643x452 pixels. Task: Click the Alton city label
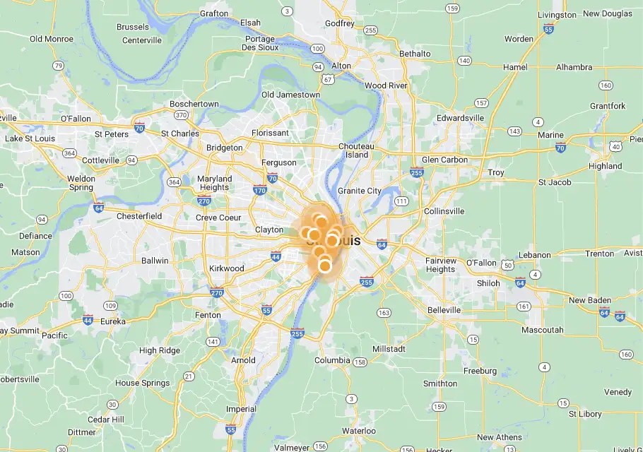click(x=341, y=66)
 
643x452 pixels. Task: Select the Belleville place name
click(x=444, y=310)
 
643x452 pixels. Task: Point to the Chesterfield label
click(x=139, y=216)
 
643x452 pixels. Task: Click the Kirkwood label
click(x=227, y=268)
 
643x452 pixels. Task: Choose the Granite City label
click(x=359, y=191)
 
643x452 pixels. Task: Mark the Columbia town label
click(x=332, y=360)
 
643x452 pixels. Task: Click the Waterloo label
click(x=359, y=431)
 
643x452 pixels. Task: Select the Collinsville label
click(x=444, y=211)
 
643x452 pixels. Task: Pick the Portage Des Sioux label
click(x=260, y=44)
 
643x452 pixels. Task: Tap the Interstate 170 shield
click(x=260, y=189)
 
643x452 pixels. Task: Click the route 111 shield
click(x=401, y=201)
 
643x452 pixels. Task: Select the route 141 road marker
click(x=213, y=342)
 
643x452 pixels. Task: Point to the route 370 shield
click(x=182, y=115)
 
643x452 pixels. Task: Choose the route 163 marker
click(x=384, y=313)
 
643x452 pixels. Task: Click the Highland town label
click(x=606, y=167)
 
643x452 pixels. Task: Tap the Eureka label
click(x=112, y=321)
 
